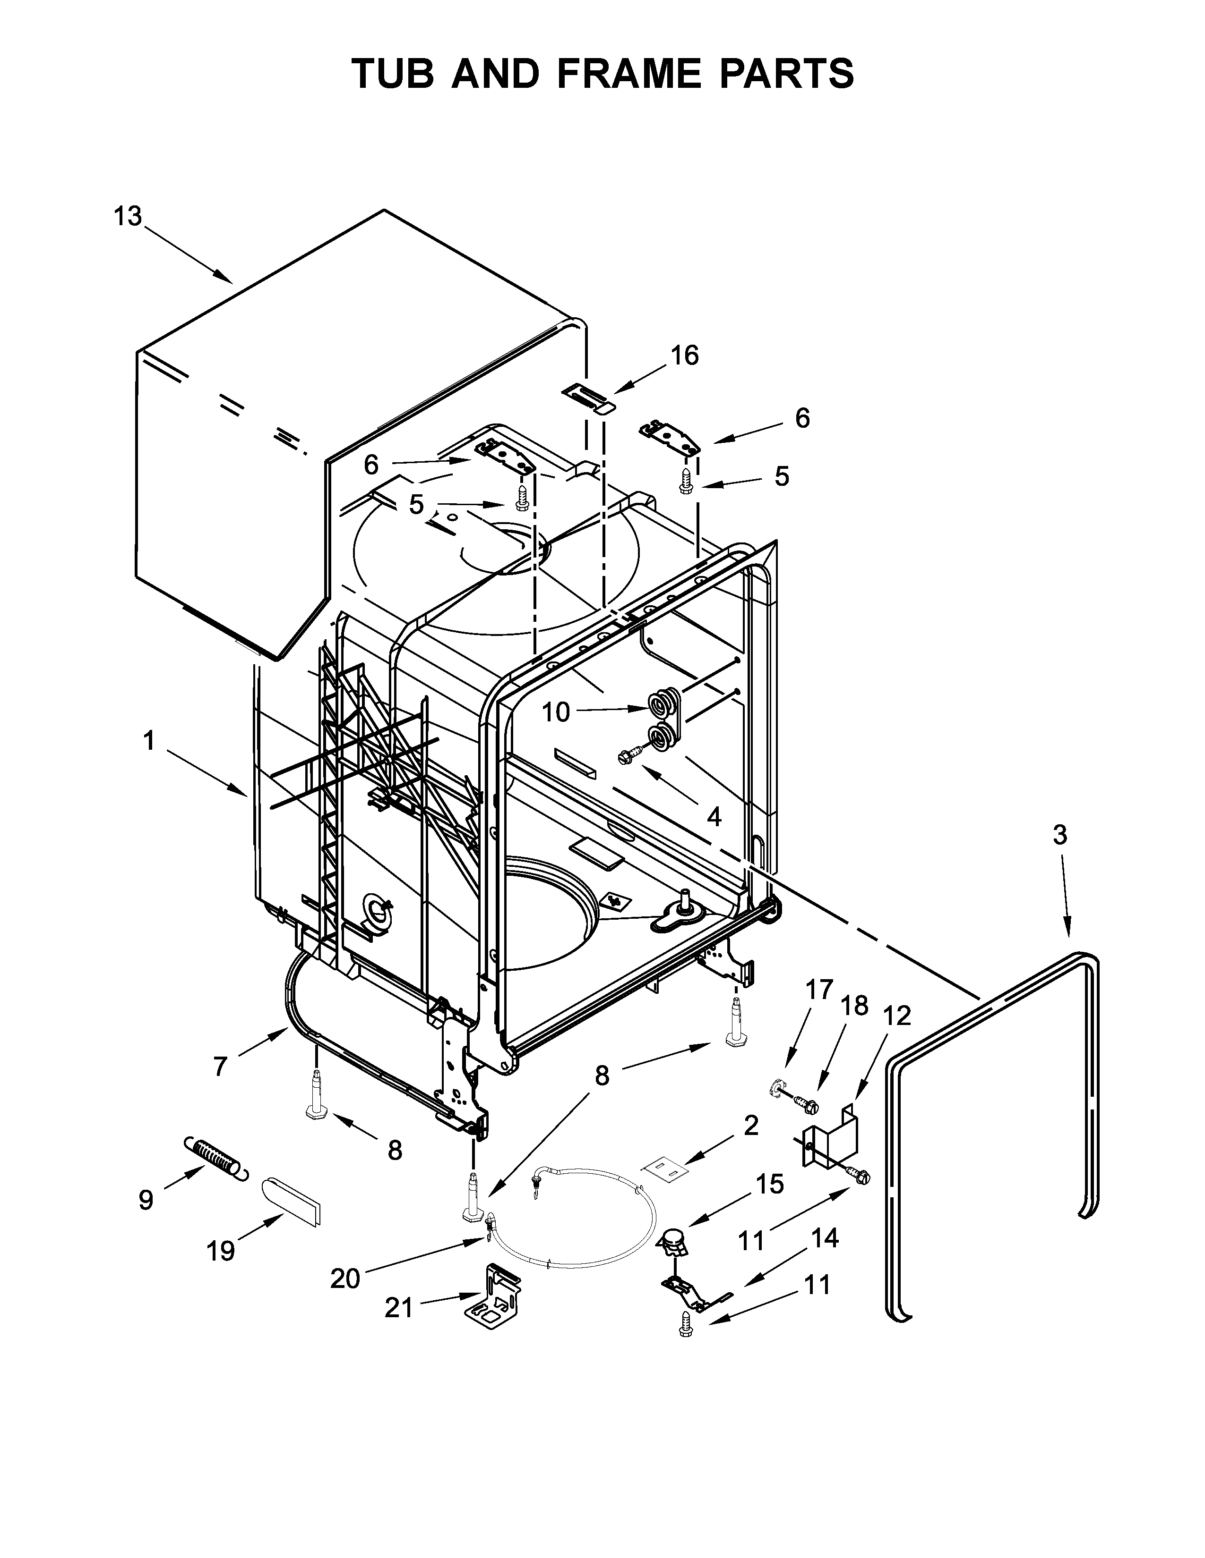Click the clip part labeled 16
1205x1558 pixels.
[x=588, y=396]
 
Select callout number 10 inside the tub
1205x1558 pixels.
[x=556, y=711]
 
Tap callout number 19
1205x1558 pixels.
[x=221, y=1251]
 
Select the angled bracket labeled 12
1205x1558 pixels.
[x=828, y=1135]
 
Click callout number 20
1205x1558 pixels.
[x=345, y=1279]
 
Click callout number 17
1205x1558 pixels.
[x=819, y=990]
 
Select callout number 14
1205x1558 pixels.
[x=825, y=1238]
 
